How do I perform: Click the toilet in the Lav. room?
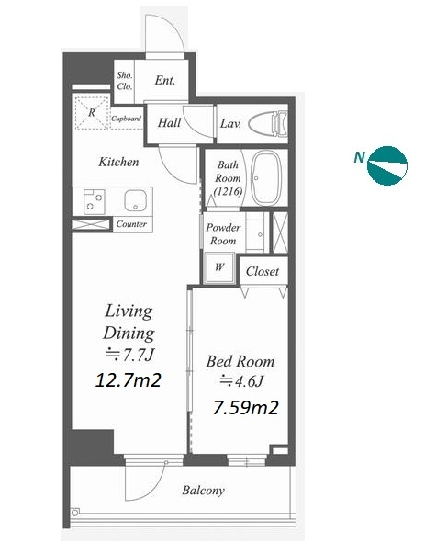pyautogui.click(x=268, y=124)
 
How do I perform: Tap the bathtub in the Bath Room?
pyautogui.click(x=267, y=178)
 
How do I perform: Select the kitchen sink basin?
pyautogui.click(x=135, y=200)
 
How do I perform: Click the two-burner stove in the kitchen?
pyautogui.click(x=95, y=201)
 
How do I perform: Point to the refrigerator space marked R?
pyautogui.click(x=92, y=112)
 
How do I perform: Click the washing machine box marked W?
pyautogui.click(x=219, y=267)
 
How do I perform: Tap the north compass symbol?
pyautogui.click(x=387, y=165)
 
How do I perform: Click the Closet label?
pyautogui.click(x=263, y=271)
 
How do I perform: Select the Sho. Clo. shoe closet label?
pyautogui.click(x=125, y=81)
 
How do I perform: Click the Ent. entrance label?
pyautogui.click(x=165, y=80)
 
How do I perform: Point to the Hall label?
pyautogui.click(x=169, y=123)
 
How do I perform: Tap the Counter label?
pyautogui.click(x=131, y=224)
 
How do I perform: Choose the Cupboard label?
pyautogui.click(x=126, y=119)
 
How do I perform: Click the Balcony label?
pyautogui.click(x=204, y=491)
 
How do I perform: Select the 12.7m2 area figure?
pyautogui.click(x=129, y=380)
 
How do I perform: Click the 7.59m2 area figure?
pyautogui.click(x=246, y=407)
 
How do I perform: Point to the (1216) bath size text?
pyautogui.click(x=228, y=191)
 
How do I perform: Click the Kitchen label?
pyautogui.click(x=118, y=163)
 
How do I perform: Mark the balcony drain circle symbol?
pyautogui.click(x=74, y=513)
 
